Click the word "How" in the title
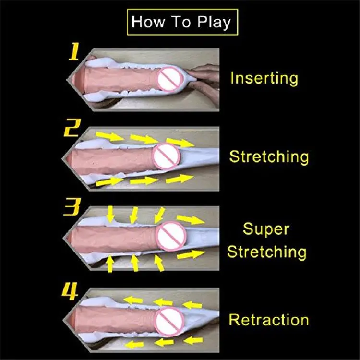[x=148, y=22]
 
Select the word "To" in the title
[x=181, y=22]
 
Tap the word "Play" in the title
[x=214, y=23]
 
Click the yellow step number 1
[x=74, y=52]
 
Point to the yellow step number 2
[x=72, y=128]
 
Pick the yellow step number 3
[x=72, y=207]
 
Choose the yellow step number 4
[x=70, y=291]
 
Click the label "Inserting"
[x=264, y=79]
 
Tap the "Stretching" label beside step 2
[x=269, y=157]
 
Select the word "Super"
[x=266, y=229]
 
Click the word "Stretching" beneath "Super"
[x=267, y=252]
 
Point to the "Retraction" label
[x=269, y=320]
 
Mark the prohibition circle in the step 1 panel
[x=170, y=79]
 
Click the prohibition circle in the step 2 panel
[x=166, y=156]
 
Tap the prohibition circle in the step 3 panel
[x=171, y=236]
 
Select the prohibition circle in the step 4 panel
[x=169, y=322]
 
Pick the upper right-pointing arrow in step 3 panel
[x=191, y=219]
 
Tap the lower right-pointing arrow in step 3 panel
[x=191, y=254]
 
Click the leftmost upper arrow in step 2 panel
[x=110, y=136]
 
